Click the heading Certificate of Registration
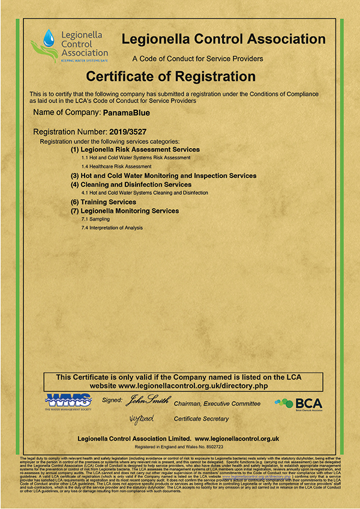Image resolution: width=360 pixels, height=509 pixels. [x=171, y=77]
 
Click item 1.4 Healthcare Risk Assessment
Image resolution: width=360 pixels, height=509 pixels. [x=116, y=166]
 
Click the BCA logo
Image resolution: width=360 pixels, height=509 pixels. [x=298, y=403]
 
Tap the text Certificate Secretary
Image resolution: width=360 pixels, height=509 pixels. [x=202, y=418]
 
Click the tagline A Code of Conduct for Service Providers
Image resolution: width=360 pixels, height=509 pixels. [x=197, y=59]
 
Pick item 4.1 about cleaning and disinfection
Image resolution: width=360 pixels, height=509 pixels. [x=145, y=193]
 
